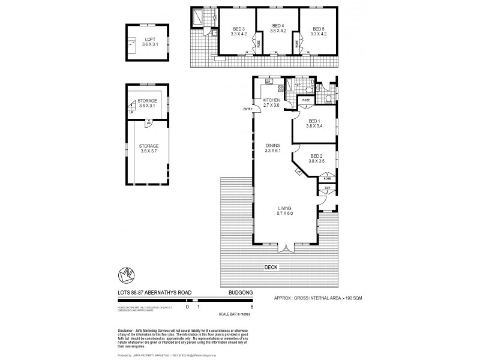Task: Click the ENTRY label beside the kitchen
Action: coord(247,109)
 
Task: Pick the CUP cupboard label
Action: coord(327,188)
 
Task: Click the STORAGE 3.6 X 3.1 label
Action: coord(147,103)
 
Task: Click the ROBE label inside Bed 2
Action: coord(327,178)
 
